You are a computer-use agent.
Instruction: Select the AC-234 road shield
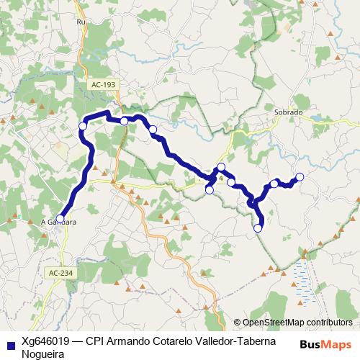tap(61, 273)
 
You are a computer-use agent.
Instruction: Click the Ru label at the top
tap(81, 22)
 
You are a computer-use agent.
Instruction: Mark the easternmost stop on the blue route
tap(300, 177)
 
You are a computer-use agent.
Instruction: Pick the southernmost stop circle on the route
tap(258, 229)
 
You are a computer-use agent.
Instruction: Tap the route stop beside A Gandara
tap(60, 218)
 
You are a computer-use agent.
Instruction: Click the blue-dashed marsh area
tap(302, 282)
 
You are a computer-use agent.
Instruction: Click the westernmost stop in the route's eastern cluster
tap(209, 190)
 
